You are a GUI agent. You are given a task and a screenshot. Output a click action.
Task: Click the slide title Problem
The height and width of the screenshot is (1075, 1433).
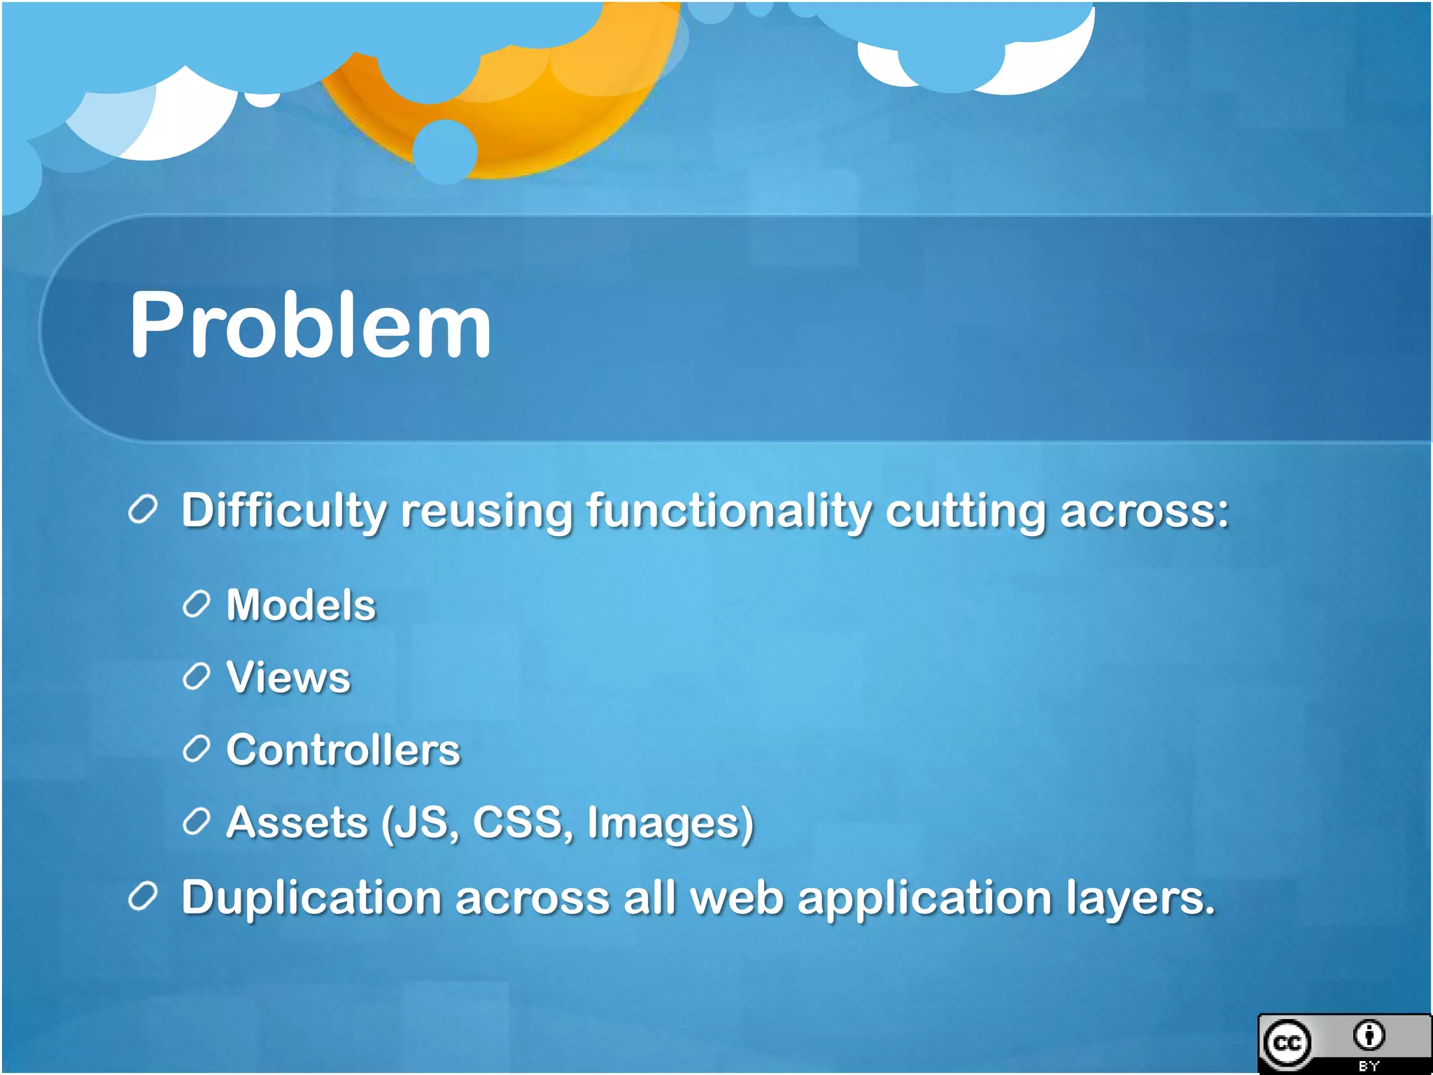click(310, 325)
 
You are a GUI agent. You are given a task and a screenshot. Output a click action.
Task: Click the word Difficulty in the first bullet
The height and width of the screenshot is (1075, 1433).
click(283, 511)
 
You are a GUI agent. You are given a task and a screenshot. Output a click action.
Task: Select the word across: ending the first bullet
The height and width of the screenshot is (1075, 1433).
click(1144, 511)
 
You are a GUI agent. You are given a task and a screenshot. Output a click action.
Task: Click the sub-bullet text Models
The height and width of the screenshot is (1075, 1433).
click(301, 605)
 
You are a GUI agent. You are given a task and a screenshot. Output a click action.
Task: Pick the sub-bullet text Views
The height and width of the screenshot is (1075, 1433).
click(288, 677)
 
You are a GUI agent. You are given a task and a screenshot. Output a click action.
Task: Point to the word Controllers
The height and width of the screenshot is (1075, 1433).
click(343, 750)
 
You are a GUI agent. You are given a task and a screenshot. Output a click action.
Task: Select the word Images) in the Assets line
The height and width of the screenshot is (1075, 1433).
click(670, 824)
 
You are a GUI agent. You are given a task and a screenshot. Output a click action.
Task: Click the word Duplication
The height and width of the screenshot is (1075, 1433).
click(311, 898)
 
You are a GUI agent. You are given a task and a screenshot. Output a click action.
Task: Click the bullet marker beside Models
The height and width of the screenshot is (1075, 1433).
click(196, 604)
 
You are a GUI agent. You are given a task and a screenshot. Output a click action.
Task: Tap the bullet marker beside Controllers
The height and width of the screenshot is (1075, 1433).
click(196, 749)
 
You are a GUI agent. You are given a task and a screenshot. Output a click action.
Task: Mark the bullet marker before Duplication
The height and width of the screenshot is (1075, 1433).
click(143, 897)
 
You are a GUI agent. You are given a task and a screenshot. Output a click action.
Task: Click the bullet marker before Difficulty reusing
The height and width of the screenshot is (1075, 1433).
click(143, 510)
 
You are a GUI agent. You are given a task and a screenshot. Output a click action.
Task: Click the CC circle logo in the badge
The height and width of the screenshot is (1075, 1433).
click(1287, 1044)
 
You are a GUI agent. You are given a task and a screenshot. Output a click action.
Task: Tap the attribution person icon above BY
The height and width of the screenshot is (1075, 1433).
click(1369, 1035)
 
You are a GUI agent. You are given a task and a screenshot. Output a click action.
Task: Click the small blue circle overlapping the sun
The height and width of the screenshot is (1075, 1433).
click(444, 151)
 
